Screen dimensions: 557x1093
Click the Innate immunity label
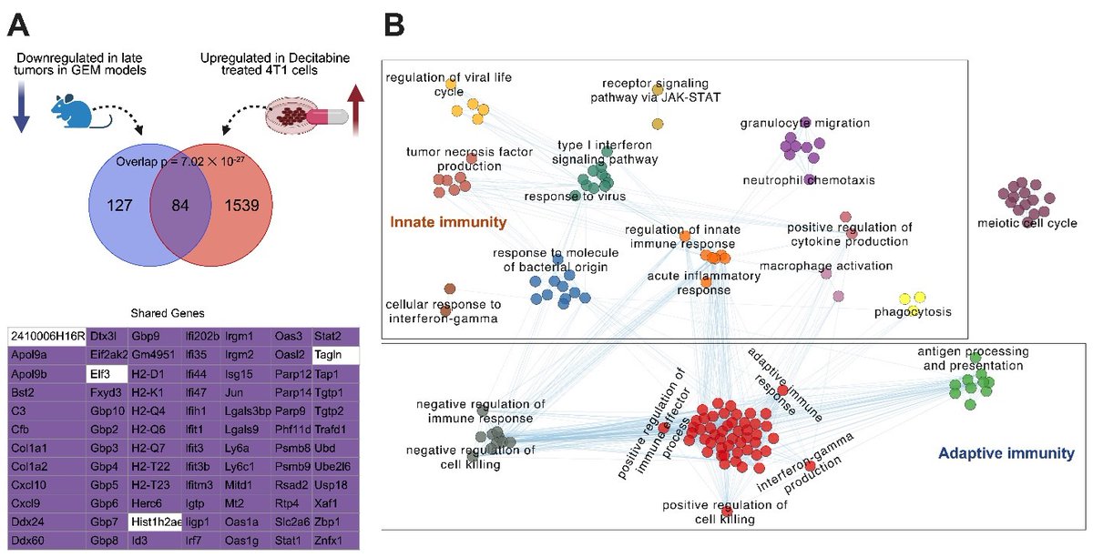point(447,222)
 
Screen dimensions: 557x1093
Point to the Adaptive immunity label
point(1006,452)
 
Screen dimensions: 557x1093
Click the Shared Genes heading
point(184,311)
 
